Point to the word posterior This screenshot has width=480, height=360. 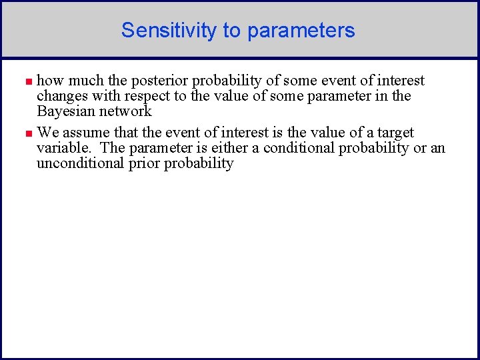pos(161,81)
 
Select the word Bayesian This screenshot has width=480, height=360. pos(65,112)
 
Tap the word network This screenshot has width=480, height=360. pos(126,111)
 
